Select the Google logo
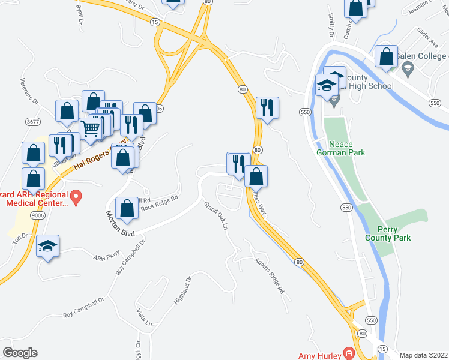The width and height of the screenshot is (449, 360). pyautogui.click(x=20, y=352)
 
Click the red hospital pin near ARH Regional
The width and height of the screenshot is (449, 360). pyautogui.click(x=76, y=196)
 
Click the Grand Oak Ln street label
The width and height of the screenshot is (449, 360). pyautogui.click(x=217, y=218)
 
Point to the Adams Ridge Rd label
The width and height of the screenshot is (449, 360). pyautogui.click(x=268, y=276)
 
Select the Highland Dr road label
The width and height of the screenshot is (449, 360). pyautogui.click(x=182, y=290)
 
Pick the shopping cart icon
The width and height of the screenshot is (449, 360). pyautogui.click(x=90, y=128)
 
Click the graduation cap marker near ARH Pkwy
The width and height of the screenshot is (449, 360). pyautogui.click(x=47, y=247)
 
